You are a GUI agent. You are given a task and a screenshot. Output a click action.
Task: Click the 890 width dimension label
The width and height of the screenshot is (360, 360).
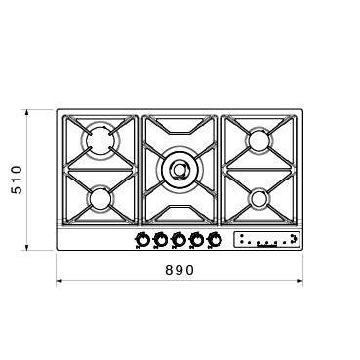click(180, 270)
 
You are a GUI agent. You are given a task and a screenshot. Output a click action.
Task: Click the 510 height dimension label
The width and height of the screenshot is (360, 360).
click(17, 180)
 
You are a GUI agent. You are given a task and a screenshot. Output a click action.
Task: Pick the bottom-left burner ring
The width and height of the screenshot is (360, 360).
click(99, 199)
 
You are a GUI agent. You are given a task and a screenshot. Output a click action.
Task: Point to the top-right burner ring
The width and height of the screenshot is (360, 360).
click(260, 140)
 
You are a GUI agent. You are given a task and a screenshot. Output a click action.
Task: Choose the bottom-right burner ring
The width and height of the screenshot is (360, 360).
click(260, 198)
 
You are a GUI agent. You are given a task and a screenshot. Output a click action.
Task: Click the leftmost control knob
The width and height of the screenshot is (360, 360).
click(142, 240)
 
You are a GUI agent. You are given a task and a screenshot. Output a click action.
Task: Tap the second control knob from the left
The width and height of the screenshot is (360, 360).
click(160, 240)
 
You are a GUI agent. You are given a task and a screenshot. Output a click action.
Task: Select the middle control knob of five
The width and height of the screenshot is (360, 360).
click(178, 240)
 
